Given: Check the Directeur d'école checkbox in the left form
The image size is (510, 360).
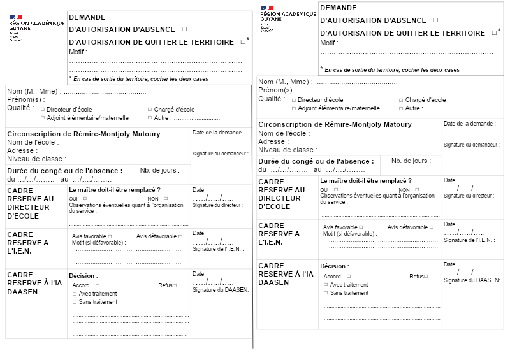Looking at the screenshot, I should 43,110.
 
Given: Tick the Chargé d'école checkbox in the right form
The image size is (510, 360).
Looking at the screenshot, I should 401,100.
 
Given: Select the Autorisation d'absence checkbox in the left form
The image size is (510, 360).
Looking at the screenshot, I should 184,29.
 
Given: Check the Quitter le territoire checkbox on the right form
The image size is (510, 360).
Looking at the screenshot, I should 494,32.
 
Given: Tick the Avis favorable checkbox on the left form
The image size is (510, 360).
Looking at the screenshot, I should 110,236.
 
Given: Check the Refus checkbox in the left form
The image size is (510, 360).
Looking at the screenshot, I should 175,285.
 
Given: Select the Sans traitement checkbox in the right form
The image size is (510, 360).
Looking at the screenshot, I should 325,293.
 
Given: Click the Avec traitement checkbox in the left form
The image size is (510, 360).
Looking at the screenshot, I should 74,294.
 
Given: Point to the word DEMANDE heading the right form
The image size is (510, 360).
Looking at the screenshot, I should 339,8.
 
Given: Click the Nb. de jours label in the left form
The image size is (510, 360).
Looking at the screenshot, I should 156,170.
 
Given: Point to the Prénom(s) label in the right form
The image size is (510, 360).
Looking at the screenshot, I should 275,90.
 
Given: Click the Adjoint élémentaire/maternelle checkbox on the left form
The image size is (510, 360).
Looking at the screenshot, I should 43,118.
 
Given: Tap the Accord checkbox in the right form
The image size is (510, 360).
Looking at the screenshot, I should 346,277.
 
